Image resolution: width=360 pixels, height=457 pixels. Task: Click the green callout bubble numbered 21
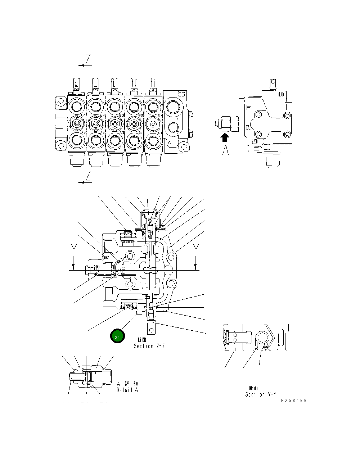pyautogui.click(x=117, y=336)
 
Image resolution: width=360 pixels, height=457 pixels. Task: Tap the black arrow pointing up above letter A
pyautogui.click(x=225, y=137)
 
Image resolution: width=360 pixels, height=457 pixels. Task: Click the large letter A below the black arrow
pyautogui.click(x=225, y=150)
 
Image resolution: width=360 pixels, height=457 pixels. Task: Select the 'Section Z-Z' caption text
pyautogui.click(x=149, y=346)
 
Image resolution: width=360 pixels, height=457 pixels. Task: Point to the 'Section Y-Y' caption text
pyautogui.click(x=260, y=394)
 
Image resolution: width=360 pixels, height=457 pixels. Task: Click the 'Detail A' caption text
pyautogui.click(x=127, y=390)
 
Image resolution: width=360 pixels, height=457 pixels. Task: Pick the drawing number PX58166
pyautogui.click(x=294, y=400)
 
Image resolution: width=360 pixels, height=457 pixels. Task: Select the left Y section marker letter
pyautogui.click(x=73, y=249)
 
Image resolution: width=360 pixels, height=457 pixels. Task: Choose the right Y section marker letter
pyautogui.click(x=196, y=249)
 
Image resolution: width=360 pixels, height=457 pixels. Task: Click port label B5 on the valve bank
pyautogui.click(x=83, y=116)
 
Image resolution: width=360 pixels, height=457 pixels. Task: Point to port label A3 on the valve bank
pyautogui.click(x=122, y=133)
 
